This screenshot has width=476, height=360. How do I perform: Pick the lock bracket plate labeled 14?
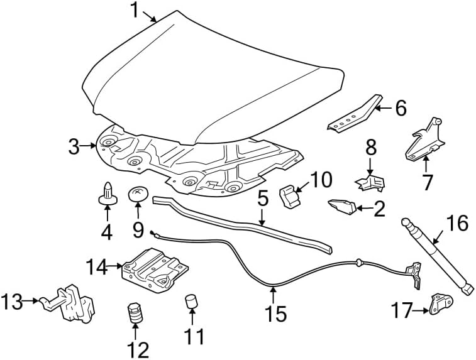(155, 270)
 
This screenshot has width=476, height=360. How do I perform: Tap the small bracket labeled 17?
(441, 304)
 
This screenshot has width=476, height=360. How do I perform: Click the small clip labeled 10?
(289, 197)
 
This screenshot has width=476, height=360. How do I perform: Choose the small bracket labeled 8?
(370, 183)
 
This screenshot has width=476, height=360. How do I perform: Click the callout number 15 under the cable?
(275, 314)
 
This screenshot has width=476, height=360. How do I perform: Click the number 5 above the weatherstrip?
(262, 199)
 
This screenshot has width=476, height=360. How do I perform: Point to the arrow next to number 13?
(31, 300)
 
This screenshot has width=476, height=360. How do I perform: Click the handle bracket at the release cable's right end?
(415, 275)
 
